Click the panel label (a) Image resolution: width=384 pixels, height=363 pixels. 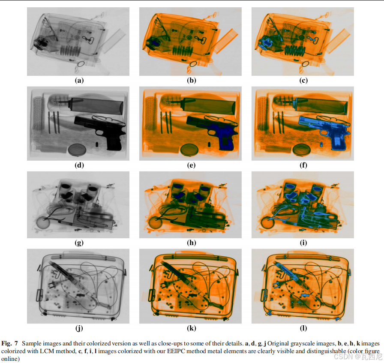(x=79, y=80)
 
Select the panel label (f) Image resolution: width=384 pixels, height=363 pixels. (x=303, y=165)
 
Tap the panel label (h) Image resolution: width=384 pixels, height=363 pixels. (x=191, y=243)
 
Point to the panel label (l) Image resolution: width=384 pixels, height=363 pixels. (x=303, y=328)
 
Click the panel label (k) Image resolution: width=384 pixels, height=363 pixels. (x=191, y=328)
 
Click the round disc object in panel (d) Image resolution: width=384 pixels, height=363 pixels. (x=77, y=150)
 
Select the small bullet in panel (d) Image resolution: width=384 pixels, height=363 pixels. (x=96, y=144)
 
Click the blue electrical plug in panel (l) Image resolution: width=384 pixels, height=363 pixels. (x=277, y=285)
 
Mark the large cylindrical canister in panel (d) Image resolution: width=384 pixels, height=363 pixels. (x=96, y=105)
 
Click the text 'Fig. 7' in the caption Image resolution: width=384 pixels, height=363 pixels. (x=9, y=343)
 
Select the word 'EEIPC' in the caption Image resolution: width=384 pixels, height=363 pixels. (x=176, y=351)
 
